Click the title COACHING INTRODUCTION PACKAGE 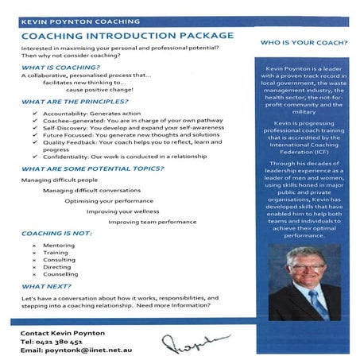point(127,36)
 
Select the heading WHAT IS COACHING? point(56,68)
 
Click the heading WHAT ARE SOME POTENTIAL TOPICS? point(94,168)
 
